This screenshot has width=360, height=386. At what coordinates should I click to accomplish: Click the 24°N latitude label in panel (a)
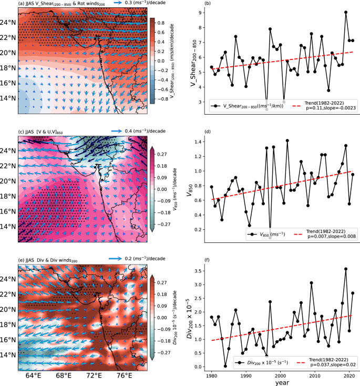pyautogui.click(x=9, y=23)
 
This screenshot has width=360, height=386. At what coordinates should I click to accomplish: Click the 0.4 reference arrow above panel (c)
pyautogui.click(x=120, y=129)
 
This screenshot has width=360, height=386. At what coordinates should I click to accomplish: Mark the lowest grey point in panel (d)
pyautogui.click(x=270, y=238)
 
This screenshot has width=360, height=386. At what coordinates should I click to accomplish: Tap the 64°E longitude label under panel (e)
pyautogui.click(x=33, y=375)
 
